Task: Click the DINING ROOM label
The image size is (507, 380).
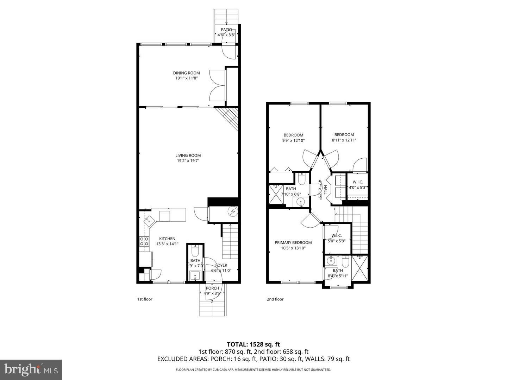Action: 186,73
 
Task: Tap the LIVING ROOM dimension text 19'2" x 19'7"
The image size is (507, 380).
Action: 188,161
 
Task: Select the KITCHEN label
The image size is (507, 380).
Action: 167,239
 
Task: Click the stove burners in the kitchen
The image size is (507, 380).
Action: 144,241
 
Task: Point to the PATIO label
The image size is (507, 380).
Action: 226,30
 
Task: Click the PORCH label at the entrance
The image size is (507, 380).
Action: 212,288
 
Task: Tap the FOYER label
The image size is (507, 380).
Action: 221,265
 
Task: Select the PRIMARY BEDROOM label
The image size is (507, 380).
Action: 293,242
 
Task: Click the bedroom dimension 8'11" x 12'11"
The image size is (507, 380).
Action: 344,140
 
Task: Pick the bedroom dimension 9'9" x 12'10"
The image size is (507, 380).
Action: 293,140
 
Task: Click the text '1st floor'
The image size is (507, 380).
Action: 145,299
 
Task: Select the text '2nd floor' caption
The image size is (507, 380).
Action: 275,299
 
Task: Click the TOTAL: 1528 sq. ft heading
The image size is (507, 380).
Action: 253,344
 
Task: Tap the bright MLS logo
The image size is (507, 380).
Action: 31,369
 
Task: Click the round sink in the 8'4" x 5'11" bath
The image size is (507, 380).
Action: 331,261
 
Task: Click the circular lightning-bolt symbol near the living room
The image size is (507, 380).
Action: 233,212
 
